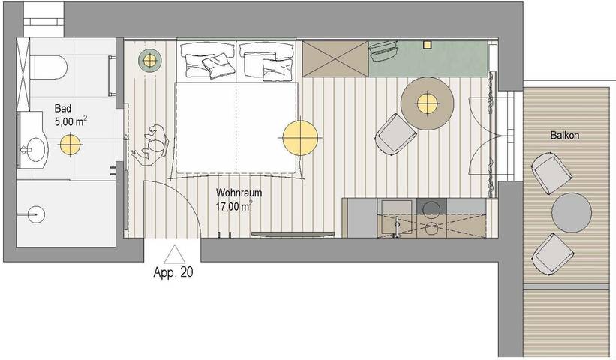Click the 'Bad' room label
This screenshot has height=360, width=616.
63,108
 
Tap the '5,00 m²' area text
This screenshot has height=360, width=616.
71,121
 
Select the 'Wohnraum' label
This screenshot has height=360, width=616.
239,193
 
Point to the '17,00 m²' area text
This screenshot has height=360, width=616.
234,206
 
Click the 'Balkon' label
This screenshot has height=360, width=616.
564,136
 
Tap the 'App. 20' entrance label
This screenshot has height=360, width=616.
173,272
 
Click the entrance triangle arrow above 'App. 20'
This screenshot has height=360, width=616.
174,254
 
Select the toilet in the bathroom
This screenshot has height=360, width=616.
49,67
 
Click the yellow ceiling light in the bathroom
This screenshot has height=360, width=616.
71,145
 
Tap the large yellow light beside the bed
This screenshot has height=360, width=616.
300,138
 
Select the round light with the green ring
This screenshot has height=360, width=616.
149,61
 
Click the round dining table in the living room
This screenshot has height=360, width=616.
427,103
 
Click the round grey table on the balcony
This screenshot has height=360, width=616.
572,212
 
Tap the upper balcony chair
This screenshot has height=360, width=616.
551,173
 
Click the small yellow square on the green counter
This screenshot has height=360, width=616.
427,45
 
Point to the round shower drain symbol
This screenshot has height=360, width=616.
36,214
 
